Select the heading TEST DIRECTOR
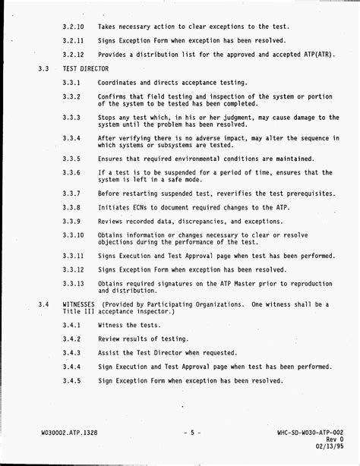click(x=85, y=69)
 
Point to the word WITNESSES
click(x=79, y=304)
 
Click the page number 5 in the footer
click(x=193, y=433)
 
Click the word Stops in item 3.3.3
click(x=108, y=118)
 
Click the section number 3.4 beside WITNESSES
click(x=44, y=304)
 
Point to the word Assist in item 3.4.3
click(x=109, y=352)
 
